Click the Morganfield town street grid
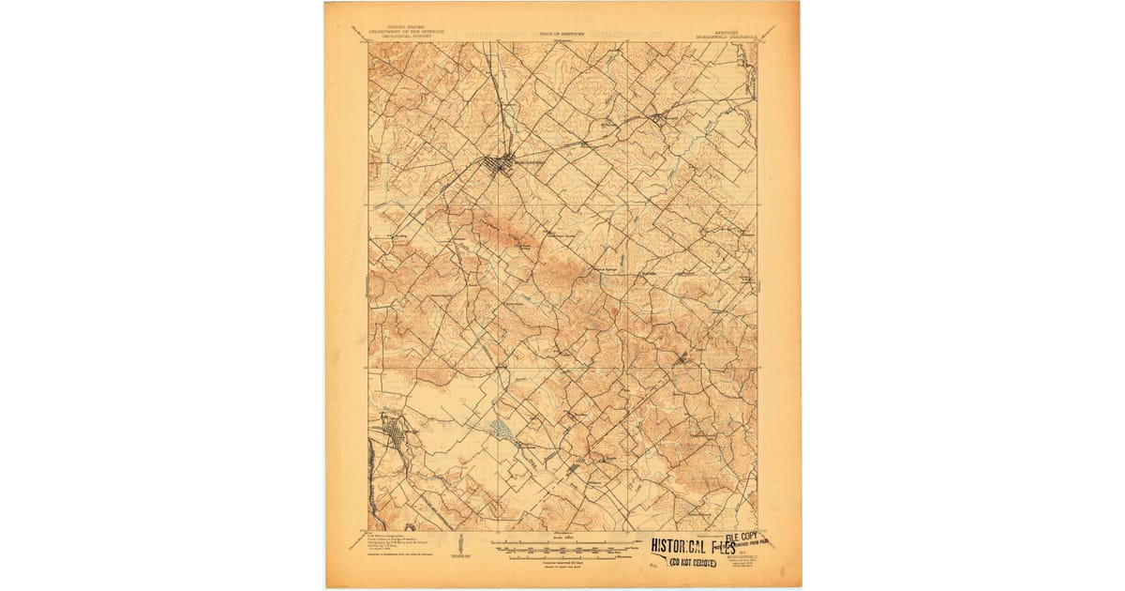(498, 165)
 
